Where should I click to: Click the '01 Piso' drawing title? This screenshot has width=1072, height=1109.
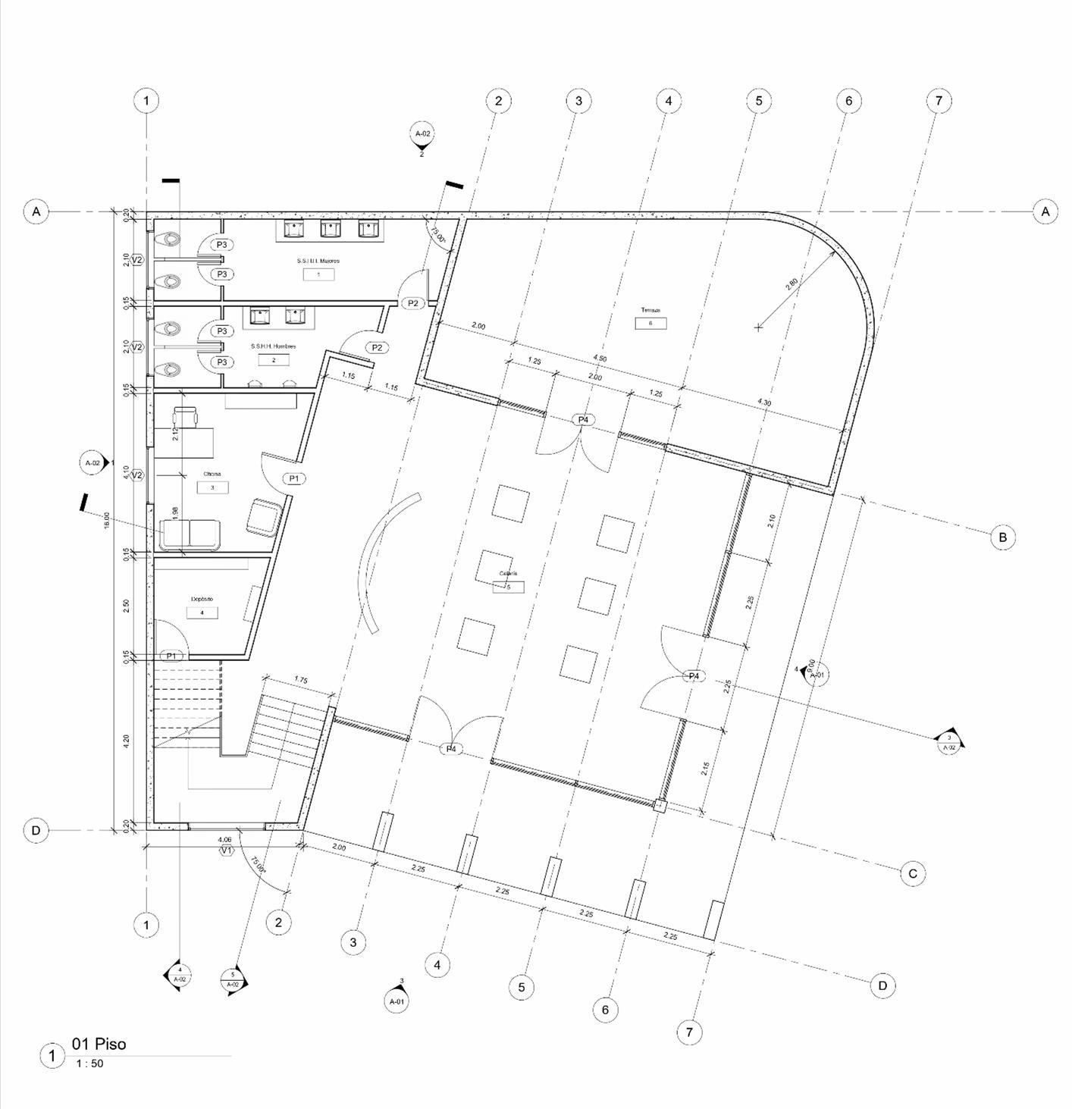pyautogui.click(x=99, y=1044)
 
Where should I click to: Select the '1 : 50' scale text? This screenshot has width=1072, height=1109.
pyautogui.click(x=89, y=1064)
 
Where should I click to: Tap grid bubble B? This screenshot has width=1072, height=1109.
pyautogui.click(x=1002, y=537)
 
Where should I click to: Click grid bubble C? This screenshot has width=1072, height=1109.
pyautogui.click(x=913, y=874)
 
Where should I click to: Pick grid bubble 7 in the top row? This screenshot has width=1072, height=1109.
pyautogui.click(x=939, y=100)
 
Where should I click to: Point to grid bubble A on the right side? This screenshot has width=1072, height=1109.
pyautogui.click(x=1045, y=211)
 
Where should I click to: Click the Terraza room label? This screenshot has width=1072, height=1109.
pyautogui.click(x=650, y=311)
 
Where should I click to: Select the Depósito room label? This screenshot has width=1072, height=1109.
pyautogui.click(x=202, y=599)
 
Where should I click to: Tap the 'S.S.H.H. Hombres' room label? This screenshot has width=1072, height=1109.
pyautogui.click(x=274, y=346)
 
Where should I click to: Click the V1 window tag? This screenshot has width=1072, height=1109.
pyautogui.click(x=226, y=851)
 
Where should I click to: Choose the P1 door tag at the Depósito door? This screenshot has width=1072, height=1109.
pyautogui.click(x=172, y=656)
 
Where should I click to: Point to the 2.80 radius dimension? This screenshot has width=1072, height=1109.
pyautogui.click(x=791, y=284)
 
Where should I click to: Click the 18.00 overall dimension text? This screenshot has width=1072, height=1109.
pyautogui.click(x=108, y=519)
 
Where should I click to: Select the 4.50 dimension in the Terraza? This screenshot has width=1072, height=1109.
pyautogui.click(x=600, y=358)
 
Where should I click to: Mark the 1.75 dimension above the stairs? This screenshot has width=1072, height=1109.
pyautogui.click(x=300, y=681)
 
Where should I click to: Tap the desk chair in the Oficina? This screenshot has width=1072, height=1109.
pyautogui.click(x=185, y=416)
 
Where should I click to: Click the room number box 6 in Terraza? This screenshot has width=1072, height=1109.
pyautogui.click(x=650, y=324)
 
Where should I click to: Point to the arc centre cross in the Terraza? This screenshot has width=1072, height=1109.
pyautogui.click(x=758, y=327)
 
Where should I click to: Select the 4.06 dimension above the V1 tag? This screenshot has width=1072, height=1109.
pyautogui.click(x=224, y=840)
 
